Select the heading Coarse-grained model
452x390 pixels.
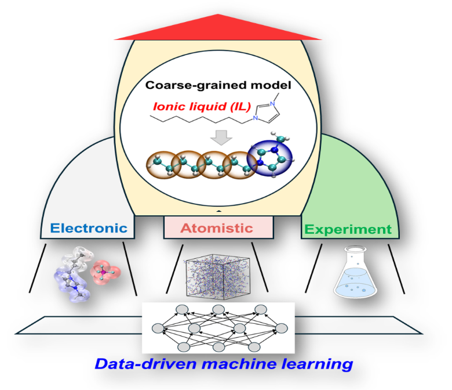pyautogui.click(x=218, y=85)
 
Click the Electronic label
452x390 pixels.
pyautogui.click(x=89, y=228)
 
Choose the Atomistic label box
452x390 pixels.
pyautogui.click(x=218, y=228)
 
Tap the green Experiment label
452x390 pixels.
pyautogui.click(x=348, y=229)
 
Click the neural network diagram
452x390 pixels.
pyautogui.click(x=218, y=327)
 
